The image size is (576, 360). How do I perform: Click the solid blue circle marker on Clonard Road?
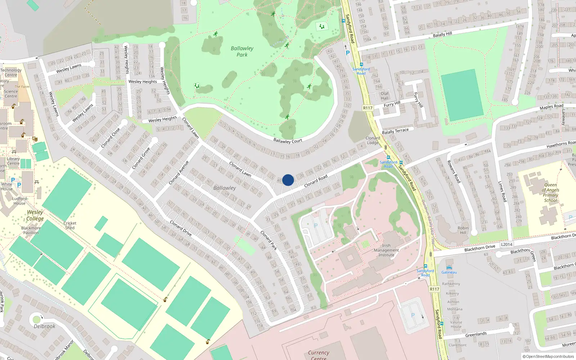point(288,180)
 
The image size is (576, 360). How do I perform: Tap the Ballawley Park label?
point(242,51)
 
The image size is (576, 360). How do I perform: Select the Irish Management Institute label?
point(386,250)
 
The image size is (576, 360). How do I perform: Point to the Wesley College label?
point(35,215)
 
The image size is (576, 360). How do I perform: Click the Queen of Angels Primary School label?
point(550,193)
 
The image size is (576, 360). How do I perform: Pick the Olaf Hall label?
point(384,96)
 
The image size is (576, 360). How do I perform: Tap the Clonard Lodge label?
point(373,140)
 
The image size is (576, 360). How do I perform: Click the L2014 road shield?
point(507,244)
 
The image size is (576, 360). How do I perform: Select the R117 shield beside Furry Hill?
point(368,108)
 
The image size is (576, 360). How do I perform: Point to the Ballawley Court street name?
point(288,141)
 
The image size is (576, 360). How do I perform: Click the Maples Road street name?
point(551,107)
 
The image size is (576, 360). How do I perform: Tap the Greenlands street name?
point(476,334)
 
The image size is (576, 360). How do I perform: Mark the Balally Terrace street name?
point(395,131)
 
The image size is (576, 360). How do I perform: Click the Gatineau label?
point(449,272)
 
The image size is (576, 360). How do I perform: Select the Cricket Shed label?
point(70,225)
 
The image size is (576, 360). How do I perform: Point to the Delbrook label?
point(45,326)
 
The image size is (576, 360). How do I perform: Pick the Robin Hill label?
point(463,230)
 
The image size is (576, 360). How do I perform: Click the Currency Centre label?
point(318,355)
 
